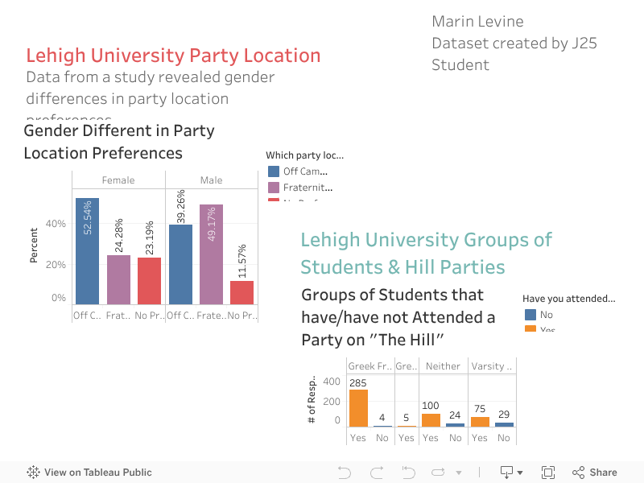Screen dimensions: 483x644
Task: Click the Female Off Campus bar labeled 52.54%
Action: [x=87, y=251]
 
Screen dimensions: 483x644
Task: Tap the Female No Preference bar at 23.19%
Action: [x=149, y=280]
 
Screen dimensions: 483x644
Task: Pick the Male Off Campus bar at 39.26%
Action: [x=180, y=264]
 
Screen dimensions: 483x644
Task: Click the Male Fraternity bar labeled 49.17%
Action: [x=211, y=254]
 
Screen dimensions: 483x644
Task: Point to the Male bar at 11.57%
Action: [x=242, y=292]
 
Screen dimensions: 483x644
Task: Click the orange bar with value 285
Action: [x=357, y=407]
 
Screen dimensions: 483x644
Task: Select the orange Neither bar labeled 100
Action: [x=431, y=419]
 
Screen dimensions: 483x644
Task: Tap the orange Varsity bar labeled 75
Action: [x=480, y=421]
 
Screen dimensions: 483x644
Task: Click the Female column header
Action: [x=118, y=180]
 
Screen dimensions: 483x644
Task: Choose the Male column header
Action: [x=211, y=180]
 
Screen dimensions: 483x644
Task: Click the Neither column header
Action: [x=443, y=366]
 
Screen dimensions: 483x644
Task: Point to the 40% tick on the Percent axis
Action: [x=56, y=224]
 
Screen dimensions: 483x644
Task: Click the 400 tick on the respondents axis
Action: [x=332, y=382]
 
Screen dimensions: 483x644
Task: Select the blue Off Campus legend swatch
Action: [x=274, y=171]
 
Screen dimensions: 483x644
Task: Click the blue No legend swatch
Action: [x=530, y=315]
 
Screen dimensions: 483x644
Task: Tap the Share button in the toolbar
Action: [x=595, y=473]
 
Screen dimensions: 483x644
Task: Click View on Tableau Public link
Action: [x=89, y=473]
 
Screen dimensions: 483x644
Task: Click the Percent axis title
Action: [x=34, y=246]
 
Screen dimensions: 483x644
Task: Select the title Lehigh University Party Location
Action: [x=173, y=56]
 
